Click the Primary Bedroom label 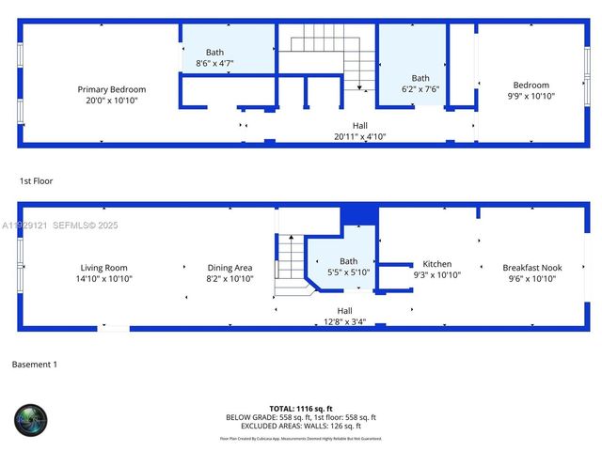pyautogui.click(x=112, y=89)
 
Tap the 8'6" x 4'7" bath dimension pyautogui.click(x=215, y=62)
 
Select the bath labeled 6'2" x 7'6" pyautogui.click(x=420, y=84)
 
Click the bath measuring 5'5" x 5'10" pyautogui.click(x=348, y=267)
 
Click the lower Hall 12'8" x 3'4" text pyautogui.click(x=344, y=316)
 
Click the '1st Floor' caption pyautogui.click(x=36, y=179)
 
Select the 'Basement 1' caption pyautogui.click(x=35, y=364)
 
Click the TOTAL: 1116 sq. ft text pyautogui.click(x=301, y=409)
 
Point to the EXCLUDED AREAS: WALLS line pyautogui.click(x=301, y=426)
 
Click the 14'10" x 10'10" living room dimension pyautogui.click(x=103, y=279)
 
